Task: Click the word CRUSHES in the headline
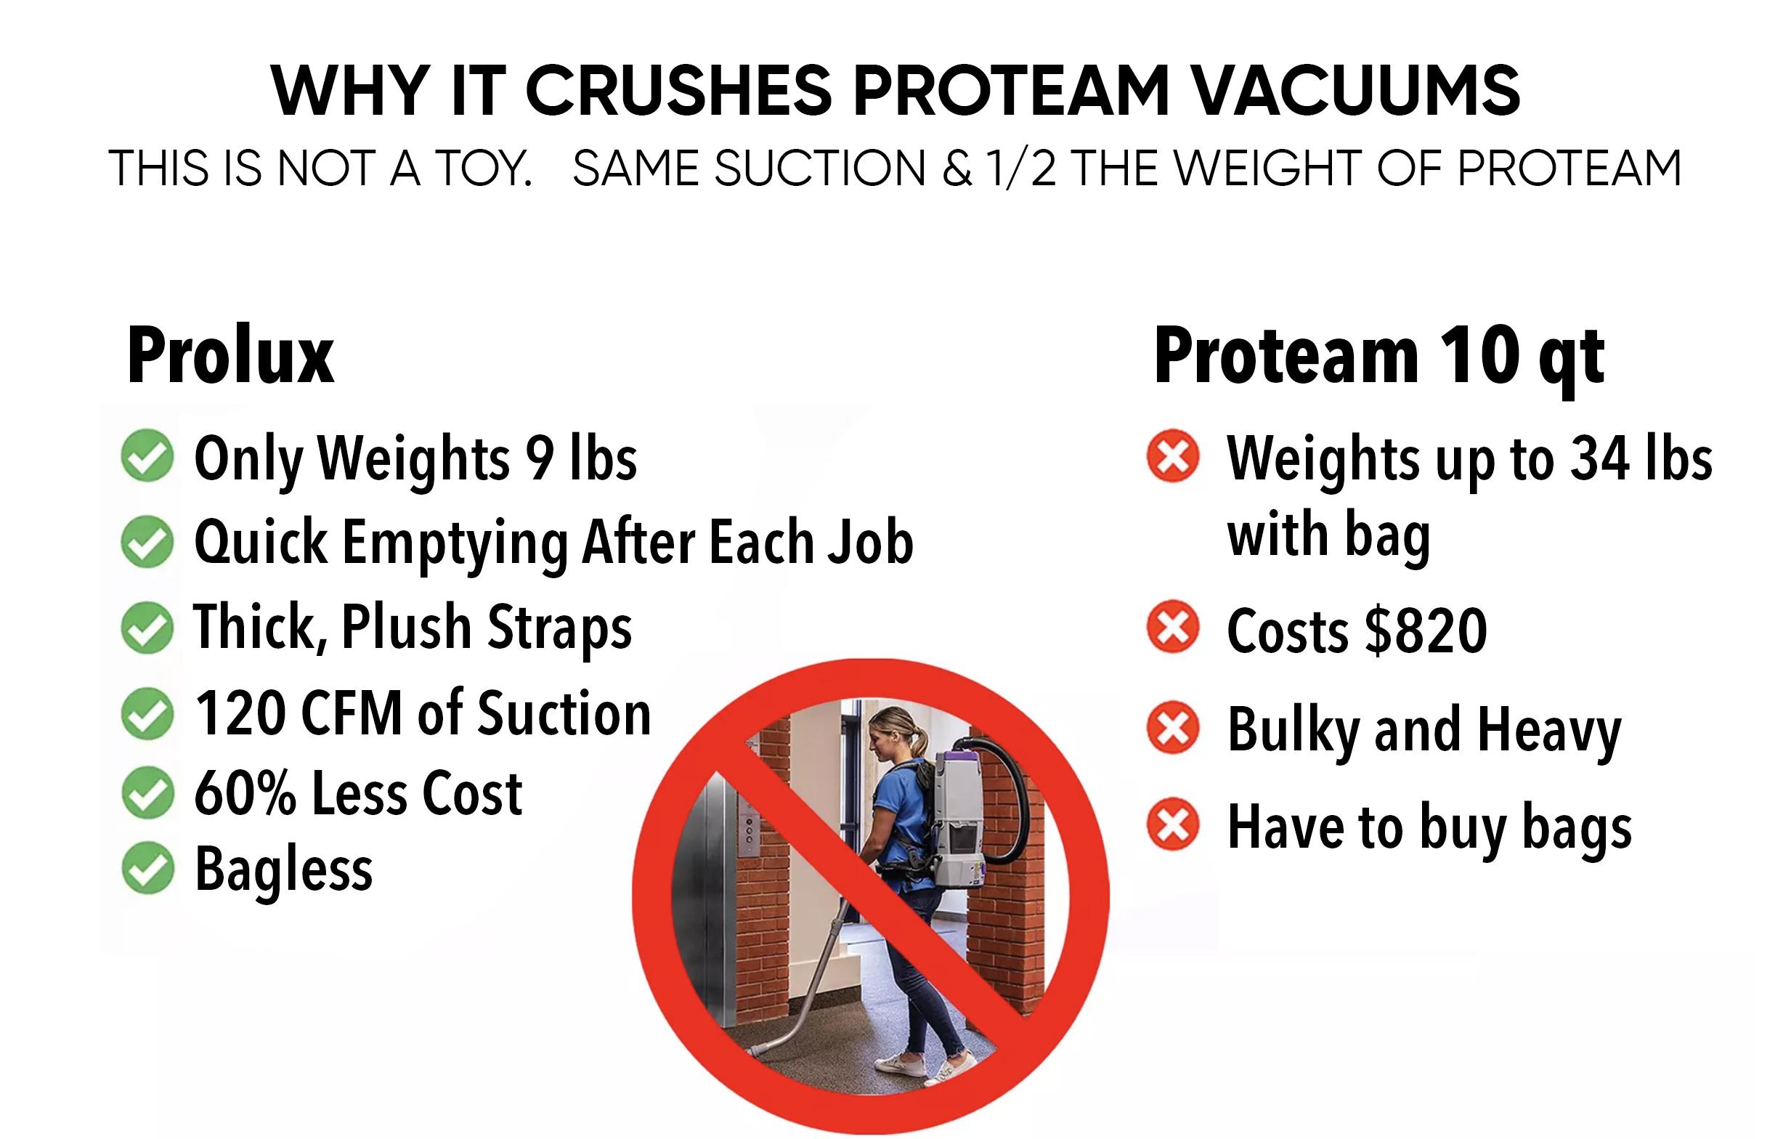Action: (678, 91)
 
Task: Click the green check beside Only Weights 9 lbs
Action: (147, 455)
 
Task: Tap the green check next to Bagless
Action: (147, 867)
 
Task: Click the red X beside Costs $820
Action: (1173, 626)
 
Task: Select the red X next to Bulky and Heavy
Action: (1173, 727)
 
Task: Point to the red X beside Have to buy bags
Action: (1173, 824)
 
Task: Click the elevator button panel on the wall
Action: (750, 827)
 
